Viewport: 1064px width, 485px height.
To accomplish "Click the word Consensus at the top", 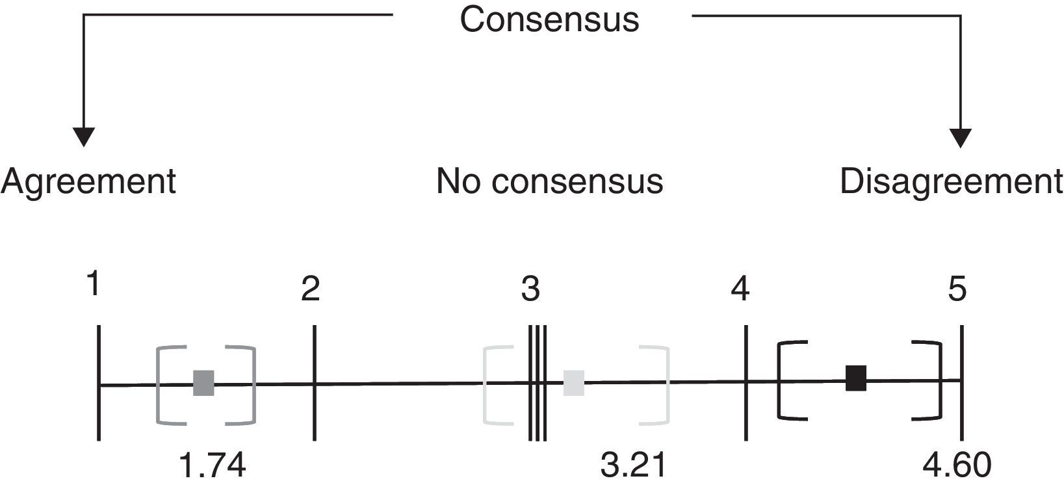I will [x=549, y=20].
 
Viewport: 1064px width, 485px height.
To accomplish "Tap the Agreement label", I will [x=88, y=181].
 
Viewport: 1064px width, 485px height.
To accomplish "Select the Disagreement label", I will [x=951, y=181].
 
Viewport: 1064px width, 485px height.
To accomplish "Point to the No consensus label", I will [x=549, y=181].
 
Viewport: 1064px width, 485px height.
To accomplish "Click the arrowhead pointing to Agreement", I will [x=84, y=137].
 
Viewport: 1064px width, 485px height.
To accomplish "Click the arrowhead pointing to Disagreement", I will [x=961, y=137].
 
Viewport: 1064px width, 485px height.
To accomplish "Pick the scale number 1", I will [x=94, y=284].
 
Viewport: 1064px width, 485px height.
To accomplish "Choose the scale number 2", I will [x=311, y=289].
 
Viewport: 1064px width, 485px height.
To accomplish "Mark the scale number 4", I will [x=740, y=289].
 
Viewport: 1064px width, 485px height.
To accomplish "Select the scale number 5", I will [x=957, y=289].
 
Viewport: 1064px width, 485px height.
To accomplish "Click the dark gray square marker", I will [x=203, y=383].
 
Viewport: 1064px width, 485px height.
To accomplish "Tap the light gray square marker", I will [x=573, y=383].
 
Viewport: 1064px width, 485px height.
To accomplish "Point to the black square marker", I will [x=856, y=378].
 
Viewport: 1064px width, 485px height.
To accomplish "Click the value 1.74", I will [x=213, y=467].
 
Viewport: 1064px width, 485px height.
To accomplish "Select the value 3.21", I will [x=634, y=467].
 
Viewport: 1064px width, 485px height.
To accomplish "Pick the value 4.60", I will [x=957, y=467].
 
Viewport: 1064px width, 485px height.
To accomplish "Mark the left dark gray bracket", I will [x=159, y=385].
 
